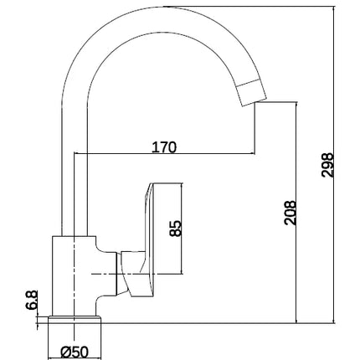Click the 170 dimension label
(164, 147)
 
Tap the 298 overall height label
(327, 165)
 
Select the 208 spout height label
(290, 213)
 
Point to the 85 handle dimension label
(176, 229)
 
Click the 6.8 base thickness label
(32, 300)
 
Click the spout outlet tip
(255, 103)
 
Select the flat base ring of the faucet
(75, 320)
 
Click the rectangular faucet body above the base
(75, 276)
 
